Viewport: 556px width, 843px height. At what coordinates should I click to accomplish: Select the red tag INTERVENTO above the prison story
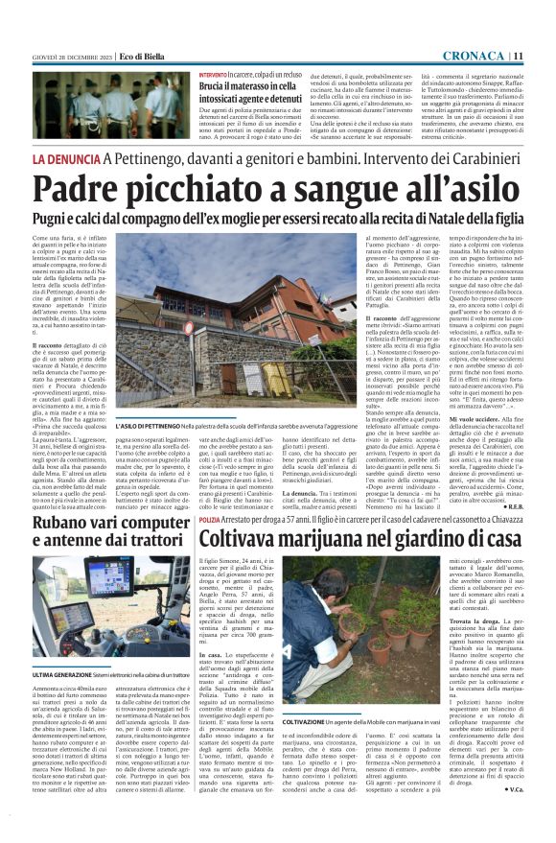(x=214, y=74)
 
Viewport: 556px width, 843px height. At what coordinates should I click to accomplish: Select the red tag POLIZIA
(x=213, y=519)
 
